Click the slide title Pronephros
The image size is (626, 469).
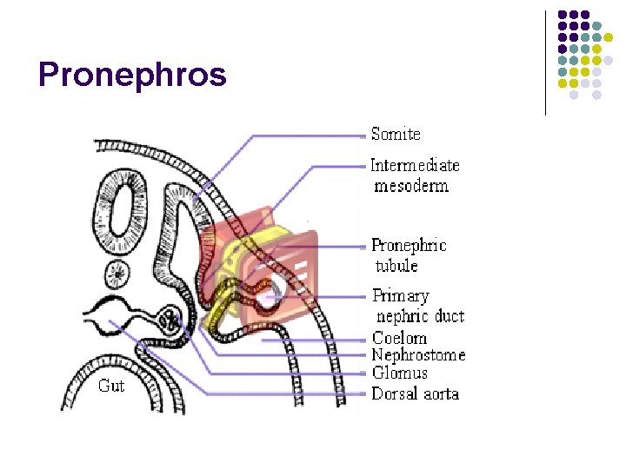pos(132,75)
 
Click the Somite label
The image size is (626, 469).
pos(396,134)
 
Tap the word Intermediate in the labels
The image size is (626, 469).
pos(415,165)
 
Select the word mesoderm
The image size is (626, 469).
pos(411,186)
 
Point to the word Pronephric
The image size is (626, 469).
pos(409,246)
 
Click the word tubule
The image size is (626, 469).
pos(396,266)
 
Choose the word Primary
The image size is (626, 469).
pos(401,296)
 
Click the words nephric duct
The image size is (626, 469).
pos(420,316)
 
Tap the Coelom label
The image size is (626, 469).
pos(399,338)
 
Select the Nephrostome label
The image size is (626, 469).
pos(418,355)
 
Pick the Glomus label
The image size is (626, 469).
pos(399,373)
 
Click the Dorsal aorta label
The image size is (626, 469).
pos(415,393)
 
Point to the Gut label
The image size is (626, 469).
pos(111,386)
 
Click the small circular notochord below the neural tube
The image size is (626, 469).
pos(117,275)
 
